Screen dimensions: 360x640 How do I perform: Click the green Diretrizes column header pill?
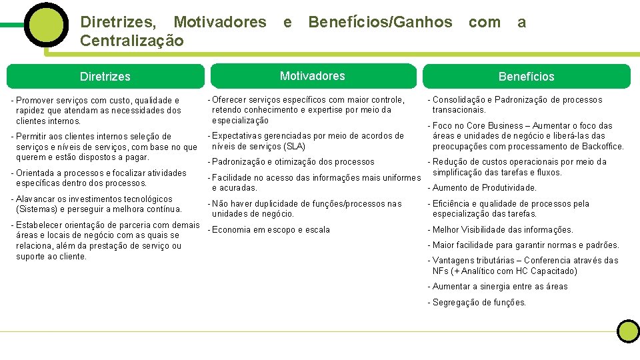coord(105,77)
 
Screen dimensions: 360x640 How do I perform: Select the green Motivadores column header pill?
coord(312,76)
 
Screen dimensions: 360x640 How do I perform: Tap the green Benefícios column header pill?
coord(526,77)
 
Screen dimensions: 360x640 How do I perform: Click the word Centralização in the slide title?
coord(131,41)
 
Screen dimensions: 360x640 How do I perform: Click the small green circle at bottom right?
coord(627,331)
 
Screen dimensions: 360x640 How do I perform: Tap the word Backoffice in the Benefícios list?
coord(601,147)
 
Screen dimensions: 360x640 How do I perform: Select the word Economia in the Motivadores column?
coord(231,230)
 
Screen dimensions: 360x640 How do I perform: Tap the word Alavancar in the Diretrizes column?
coord(35,199)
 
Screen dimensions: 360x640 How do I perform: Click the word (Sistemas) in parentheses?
coord(35,209)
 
